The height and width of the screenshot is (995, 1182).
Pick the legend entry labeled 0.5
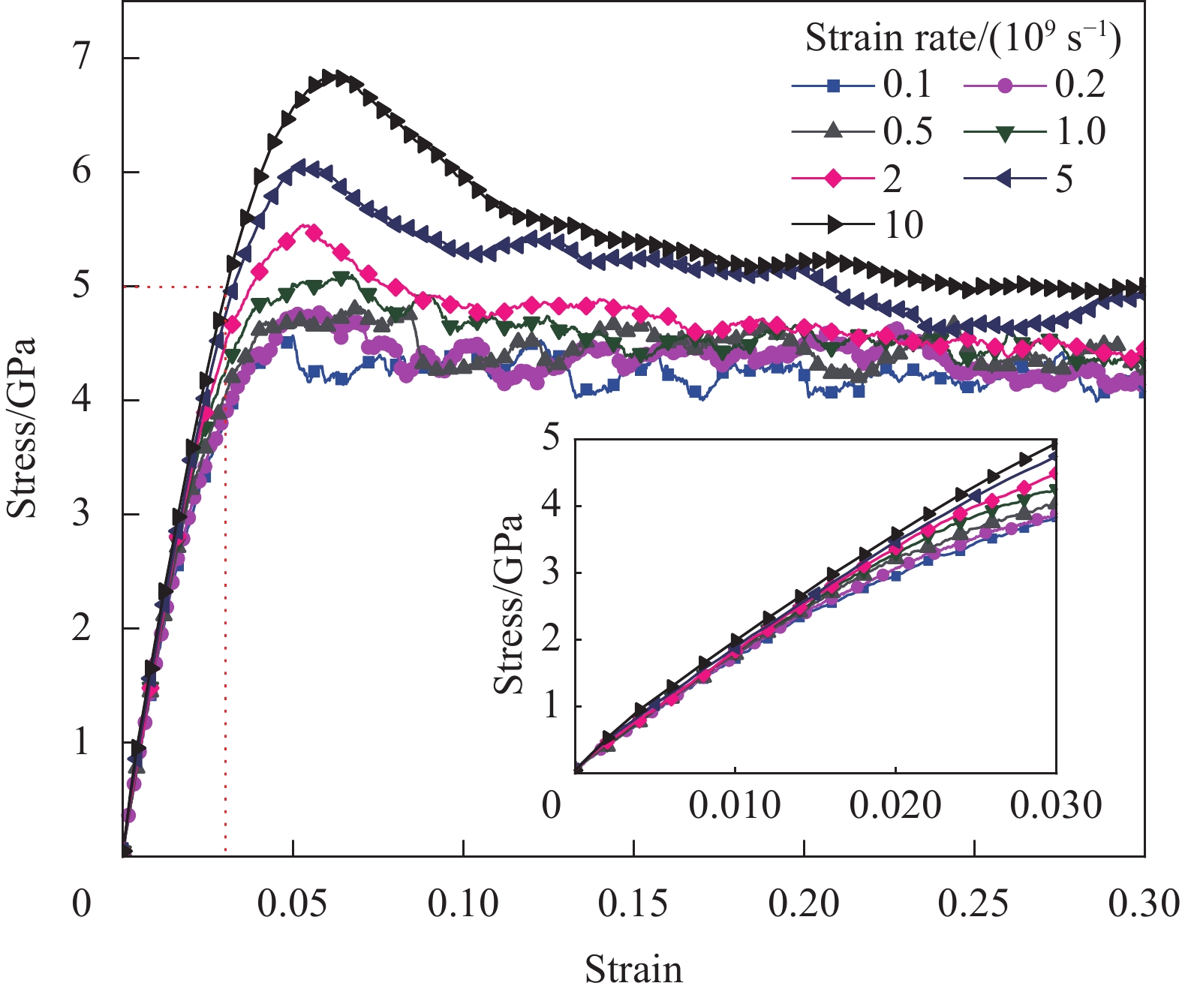[x=863, y=132]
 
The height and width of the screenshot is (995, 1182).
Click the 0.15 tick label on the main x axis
[x=633, y=904]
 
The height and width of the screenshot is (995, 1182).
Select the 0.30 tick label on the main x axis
[x=1144, y=904]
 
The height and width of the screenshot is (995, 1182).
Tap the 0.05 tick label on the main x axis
[x=293, y=904]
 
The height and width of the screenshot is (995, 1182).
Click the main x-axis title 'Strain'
[x=633, y=969]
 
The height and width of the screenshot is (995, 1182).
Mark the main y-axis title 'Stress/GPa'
[x=23, y=428]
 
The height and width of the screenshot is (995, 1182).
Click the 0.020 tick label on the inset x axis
[x=895, y=806]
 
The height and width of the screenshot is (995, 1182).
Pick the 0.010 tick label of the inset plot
[x=735, y=806]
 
